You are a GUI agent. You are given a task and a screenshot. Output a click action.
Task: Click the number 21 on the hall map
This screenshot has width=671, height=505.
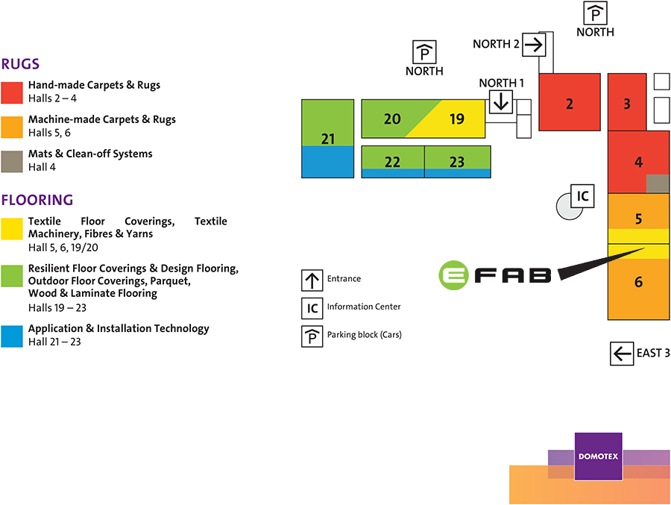pyautogui.click(x=328, y=139)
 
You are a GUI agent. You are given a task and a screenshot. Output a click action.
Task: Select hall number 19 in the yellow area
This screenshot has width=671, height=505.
pyautogui.click(x=456, y=119)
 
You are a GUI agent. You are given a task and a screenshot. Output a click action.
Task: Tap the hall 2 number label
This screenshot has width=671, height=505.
pyautogui.click(x=570, y=104)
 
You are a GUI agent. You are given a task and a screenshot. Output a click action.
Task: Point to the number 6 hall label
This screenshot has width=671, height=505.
pyautogui.click(x=638, y=283)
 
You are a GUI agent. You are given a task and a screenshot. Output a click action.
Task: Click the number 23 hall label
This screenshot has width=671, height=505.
pyautogui.click(x=457, y=162)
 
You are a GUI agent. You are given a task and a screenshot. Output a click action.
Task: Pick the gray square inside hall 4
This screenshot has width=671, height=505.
pyautogui.click(x=657, y=184)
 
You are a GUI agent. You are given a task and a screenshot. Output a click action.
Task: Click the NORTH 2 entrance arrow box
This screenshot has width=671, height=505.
pyautogui.click(x=534, y=45)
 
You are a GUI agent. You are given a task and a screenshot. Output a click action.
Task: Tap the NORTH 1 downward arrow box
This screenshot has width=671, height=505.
pyautogui.click(x=501, y=101)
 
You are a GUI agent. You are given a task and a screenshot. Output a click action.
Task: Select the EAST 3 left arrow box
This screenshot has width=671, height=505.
pyautogui.click(x=621, y=354)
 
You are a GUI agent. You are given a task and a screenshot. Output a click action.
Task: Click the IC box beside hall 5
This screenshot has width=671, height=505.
pyautogui.click(x=583, y=196)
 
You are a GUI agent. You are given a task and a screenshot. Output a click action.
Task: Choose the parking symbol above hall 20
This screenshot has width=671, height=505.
pyautogui.click(x=424, y=52)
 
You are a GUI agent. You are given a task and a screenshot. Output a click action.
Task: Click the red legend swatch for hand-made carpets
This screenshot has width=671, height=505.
pyautogui.click(x=12, y=92)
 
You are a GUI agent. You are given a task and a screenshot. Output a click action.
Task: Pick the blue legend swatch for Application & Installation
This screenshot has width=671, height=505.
pyautogui.click(x=12, y=336)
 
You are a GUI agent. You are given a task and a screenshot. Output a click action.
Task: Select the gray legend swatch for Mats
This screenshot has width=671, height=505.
pyautogui.click(x=12, y=161)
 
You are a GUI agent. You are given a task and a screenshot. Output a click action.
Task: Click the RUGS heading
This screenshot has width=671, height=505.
pyautogui.click(x=21, y=64)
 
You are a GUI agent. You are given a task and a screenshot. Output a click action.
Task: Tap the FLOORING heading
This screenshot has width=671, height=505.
pyautogui.click(x=37, y=200)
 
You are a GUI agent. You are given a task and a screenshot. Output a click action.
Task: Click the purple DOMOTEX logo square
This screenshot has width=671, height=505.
pyautogui.click(x=598, y=456)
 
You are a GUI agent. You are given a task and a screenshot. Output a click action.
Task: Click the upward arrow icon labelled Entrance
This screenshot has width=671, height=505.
pyautogui.click(x=312, y=280)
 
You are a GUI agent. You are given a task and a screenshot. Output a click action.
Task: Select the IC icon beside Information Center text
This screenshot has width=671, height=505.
pyautogui.click(x=312, y=307)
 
